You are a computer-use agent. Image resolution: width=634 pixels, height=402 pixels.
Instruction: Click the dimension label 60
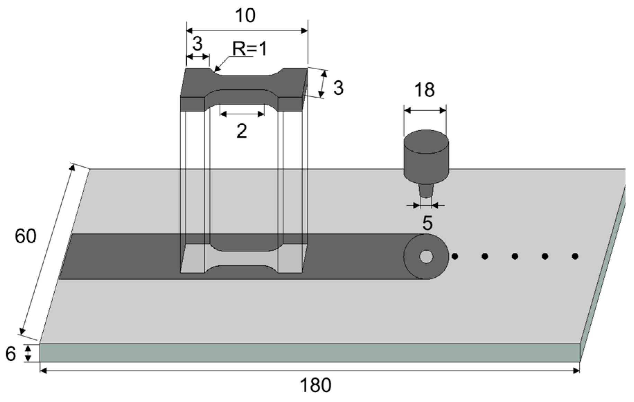(25, 237)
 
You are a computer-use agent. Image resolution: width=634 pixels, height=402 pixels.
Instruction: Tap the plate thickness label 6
(11, 354)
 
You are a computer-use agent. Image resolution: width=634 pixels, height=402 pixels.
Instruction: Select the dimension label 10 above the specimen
(245, 16)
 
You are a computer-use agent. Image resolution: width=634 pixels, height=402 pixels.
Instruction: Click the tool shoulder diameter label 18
(425, 90)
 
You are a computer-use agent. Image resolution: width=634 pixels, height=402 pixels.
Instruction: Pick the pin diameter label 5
(427, 224)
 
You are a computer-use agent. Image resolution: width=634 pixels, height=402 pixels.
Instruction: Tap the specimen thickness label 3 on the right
(338, 88)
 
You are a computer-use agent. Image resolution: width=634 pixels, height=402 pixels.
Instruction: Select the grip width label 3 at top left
(197, 44)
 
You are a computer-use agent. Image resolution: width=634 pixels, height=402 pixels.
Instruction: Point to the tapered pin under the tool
(426, 191)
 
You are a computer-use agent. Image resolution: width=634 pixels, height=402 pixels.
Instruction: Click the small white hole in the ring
(426, 257)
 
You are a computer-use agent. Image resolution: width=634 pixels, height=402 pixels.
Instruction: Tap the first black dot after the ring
(455, 257)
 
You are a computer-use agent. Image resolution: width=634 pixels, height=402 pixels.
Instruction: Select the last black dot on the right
(575, 257)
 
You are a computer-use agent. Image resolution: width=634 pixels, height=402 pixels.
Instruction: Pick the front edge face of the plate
(308, 353)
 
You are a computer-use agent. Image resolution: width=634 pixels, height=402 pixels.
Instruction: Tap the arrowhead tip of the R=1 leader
(215, 71)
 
